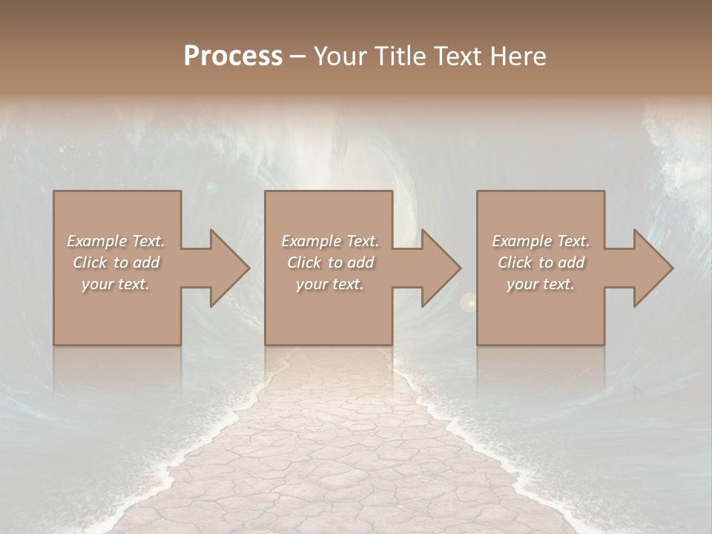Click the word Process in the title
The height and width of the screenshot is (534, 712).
click(233, 56)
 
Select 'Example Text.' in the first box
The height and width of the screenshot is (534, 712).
click(116, 241)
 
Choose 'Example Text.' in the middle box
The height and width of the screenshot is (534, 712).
click(330, 241)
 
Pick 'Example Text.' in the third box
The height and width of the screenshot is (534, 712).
click(541, 241)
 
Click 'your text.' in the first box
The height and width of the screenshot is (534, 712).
click(116, 284)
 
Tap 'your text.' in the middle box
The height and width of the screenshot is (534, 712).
click(330, 284)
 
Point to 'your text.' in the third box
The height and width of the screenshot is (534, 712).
click(541, 284)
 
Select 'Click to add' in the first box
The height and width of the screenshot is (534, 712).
click(116, 263)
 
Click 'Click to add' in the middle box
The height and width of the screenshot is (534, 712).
click(330, 263)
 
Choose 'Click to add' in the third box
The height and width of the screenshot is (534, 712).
click(541, 263)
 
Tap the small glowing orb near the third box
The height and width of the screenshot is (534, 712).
click(468, 302)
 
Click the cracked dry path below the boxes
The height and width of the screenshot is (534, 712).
click(334, 445)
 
